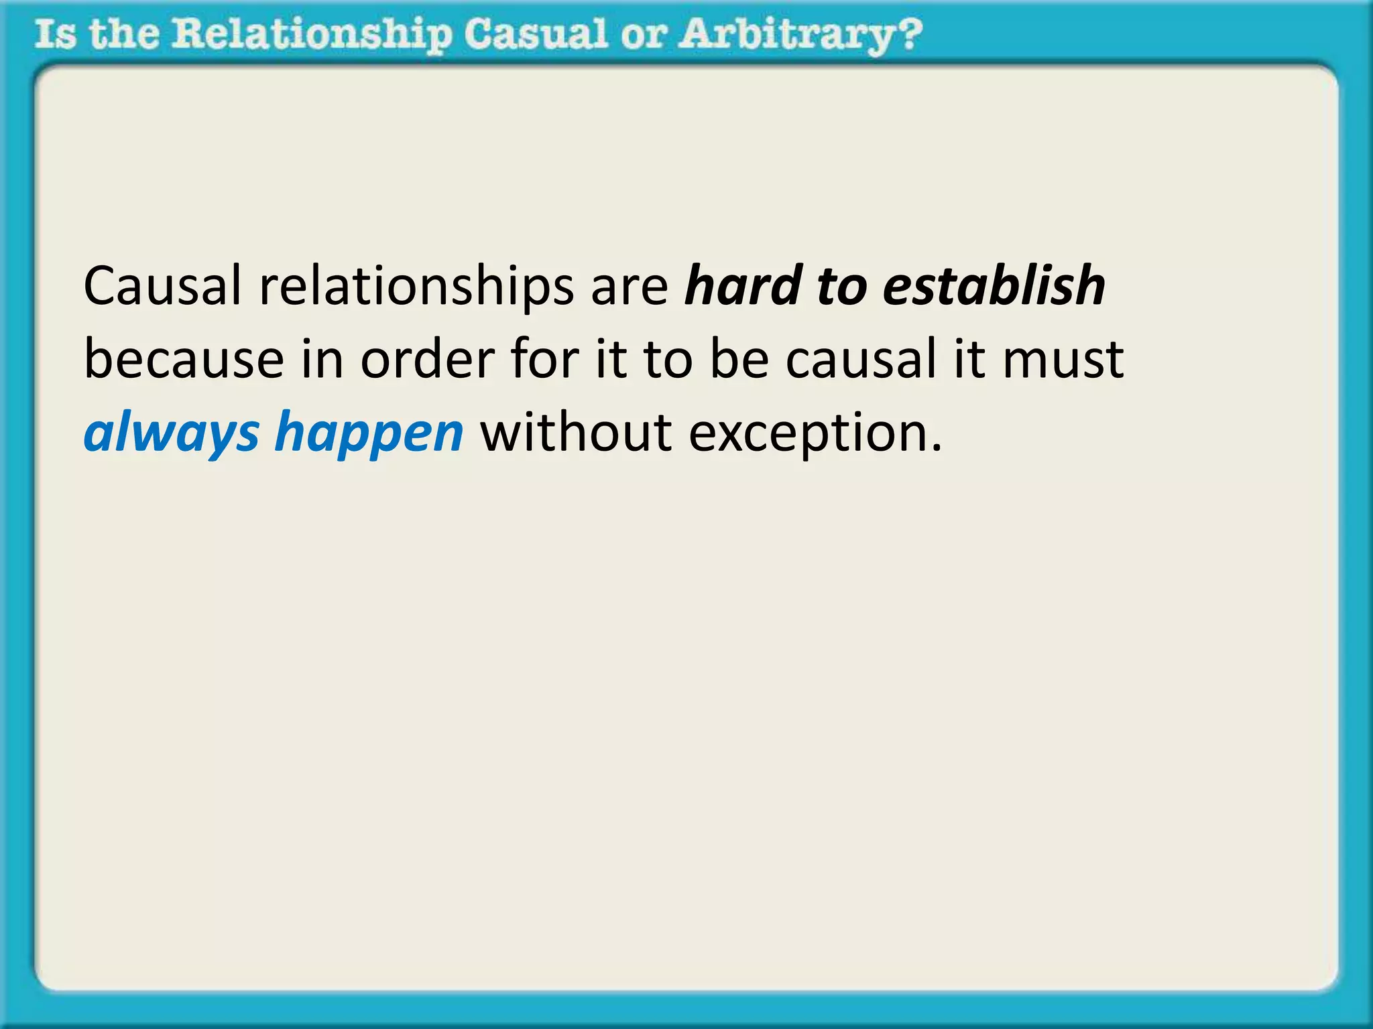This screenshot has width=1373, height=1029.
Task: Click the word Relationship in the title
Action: (x=312, y=35)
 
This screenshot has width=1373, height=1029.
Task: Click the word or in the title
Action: (x=643, y=35)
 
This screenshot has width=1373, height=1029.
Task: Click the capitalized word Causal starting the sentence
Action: (x=162, y=286)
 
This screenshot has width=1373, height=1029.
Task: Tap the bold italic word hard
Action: (x=743, y=286)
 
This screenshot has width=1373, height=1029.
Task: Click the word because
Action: (x=184, y=359)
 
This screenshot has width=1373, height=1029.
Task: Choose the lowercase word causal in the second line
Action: (x=860, y=359)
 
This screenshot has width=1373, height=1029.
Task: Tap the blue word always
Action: (x=171, y=433)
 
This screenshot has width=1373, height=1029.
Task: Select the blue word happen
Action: (x=369, y=433)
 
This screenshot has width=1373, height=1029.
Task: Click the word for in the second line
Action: (x=544, y=359)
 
